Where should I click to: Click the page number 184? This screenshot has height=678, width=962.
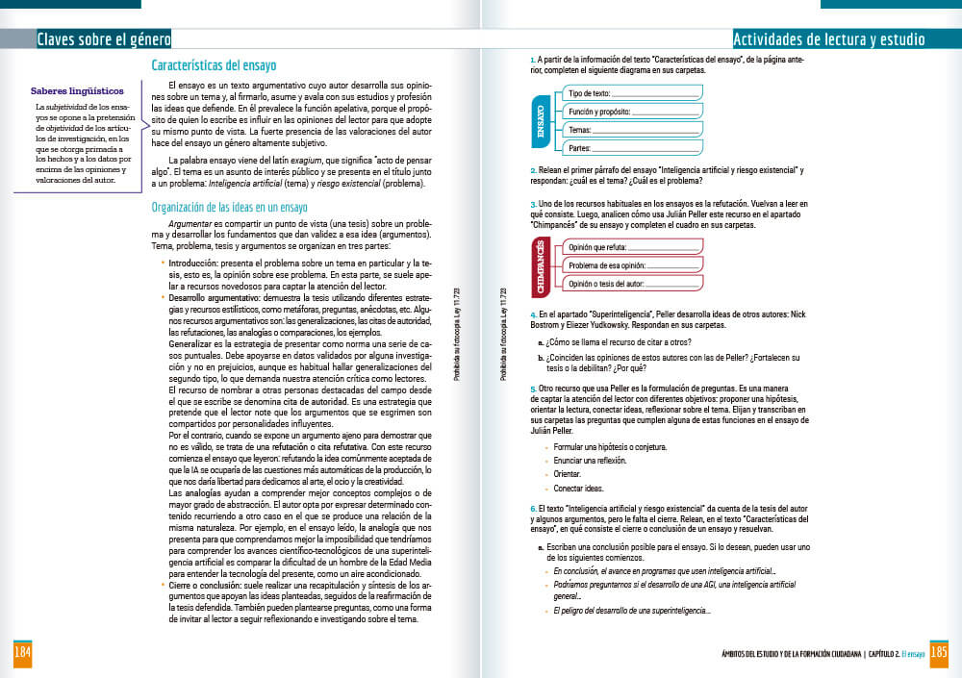21,654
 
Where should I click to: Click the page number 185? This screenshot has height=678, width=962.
940,653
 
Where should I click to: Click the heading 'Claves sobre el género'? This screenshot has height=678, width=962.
103,39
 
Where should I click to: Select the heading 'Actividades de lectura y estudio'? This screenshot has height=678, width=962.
828,39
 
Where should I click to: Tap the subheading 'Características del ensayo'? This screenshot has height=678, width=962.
214,65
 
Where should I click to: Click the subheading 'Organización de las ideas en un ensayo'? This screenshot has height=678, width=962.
230,207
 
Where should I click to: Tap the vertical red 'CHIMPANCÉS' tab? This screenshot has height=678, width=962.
541,266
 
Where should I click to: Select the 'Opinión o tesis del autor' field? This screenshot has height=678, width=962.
630,285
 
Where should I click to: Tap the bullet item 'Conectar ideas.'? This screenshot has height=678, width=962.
578,489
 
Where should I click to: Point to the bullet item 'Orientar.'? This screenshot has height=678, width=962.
568,474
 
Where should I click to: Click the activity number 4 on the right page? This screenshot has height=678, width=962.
533,314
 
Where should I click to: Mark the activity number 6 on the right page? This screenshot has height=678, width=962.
533,508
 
